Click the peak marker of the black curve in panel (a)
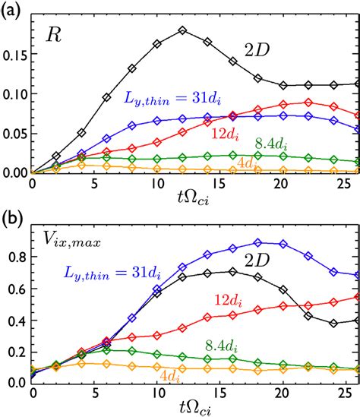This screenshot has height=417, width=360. click(182, 30)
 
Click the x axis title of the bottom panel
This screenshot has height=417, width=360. click(185, 406)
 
